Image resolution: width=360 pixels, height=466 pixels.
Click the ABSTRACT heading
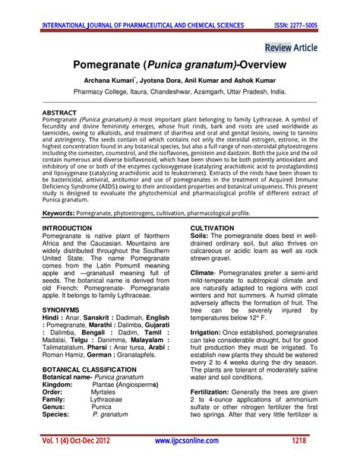tap(60, 112)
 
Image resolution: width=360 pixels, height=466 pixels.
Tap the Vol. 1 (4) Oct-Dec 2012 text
tap(76, 441)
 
